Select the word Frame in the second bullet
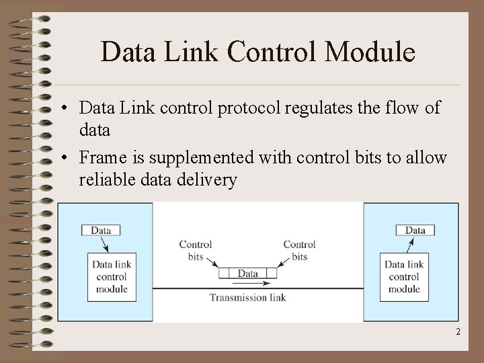point(102,158)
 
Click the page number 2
point(458,332)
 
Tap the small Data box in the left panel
point(101,231)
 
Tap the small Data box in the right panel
point(415,231)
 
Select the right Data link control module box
point(403,276)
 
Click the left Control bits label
point(196,250)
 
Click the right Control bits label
point(300,250)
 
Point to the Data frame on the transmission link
point(247,274)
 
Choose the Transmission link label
point(247,298)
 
